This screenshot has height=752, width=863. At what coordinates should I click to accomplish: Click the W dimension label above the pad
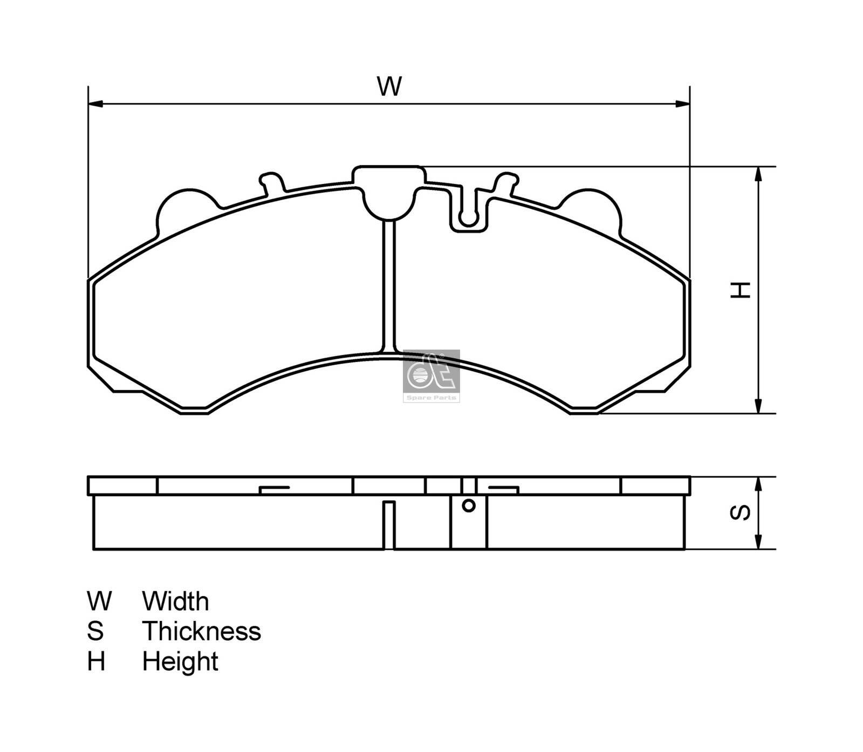click(389, 86)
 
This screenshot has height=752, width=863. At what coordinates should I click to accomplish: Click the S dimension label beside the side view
click(740, 513)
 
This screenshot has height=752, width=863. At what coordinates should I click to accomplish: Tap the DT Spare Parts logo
click(431, 375)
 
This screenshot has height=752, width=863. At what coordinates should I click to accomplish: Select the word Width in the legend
click(175, 601)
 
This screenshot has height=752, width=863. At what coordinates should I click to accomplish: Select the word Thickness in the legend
click(201, 631)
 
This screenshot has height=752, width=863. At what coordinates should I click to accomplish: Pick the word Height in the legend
click(180, 661)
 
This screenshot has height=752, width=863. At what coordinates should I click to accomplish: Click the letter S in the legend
click(95, 631)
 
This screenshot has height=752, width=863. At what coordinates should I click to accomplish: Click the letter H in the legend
click(96, 661)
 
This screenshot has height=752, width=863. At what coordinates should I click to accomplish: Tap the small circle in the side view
click(469, 506)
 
